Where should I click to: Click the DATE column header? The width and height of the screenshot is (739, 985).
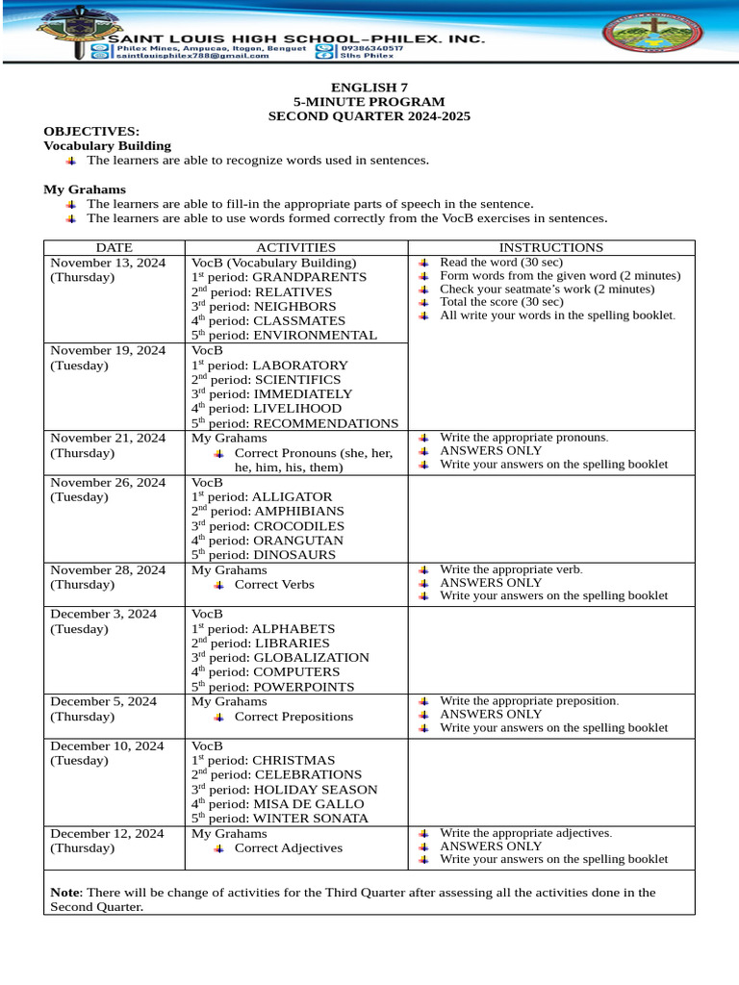(114, 247)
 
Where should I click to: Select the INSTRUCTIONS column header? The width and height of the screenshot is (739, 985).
(550, 247)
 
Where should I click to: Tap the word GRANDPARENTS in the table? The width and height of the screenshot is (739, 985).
(310, 277)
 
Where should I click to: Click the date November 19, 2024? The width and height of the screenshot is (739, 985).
(108, 350)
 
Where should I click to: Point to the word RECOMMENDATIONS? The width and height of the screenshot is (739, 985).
(325, 423)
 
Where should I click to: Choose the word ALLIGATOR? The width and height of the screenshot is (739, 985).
(292, 496)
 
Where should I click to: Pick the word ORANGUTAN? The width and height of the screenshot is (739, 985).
(297, 541)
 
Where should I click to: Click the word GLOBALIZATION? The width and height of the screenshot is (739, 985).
(311, 658)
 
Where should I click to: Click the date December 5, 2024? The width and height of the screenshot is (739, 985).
(103, 701)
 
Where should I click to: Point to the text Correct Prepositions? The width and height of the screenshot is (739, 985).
(293, 717)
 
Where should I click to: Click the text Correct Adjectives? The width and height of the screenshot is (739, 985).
(288, 848)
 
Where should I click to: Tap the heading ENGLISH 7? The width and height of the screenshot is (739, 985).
(369, 88)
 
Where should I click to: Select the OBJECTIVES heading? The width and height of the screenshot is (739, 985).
(91, 131)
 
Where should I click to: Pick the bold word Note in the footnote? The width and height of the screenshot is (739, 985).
(64, 893)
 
